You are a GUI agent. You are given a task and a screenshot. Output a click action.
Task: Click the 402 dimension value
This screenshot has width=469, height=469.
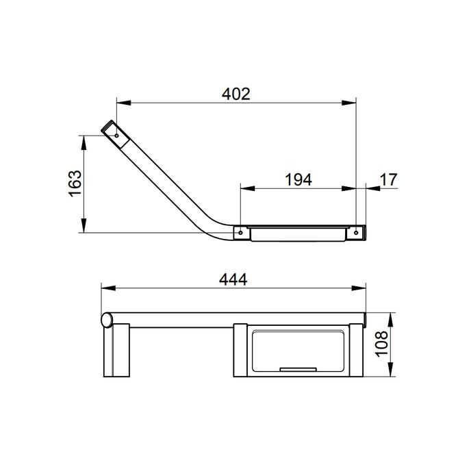(236, 94)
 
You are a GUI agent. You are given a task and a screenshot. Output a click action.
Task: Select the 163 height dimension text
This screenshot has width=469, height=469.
(75, 183)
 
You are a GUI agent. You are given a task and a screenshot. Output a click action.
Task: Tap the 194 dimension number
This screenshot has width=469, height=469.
(298, 179)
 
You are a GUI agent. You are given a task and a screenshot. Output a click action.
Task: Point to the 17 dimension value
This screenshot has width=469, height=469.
(388, 179)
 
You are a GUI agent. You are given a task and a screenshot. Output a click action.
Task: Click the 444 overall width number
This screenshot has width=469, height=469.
(233, 279)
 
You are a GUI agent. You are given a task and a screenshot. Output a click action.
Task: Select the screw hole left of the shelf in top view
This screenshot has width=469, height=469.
(240, 233)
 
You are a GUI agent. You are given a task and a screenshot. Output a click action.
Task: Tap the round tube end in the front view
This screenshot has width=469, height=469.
(106, 319)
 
